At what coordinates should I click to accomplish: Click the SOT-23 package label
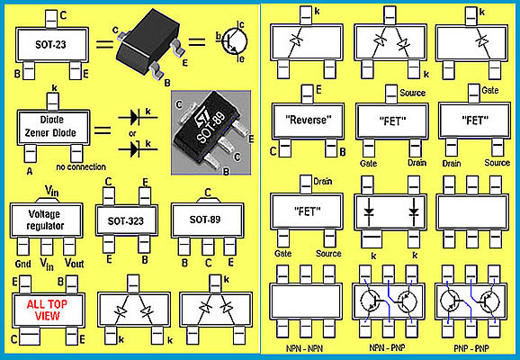(x=50, y=44)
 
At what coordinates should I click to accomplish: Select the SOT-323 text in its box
(x=126, y=221)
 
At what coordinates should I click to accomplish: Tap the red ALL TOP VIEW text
(x=47, y=310)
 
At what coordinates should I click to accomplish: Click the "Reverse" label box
(x=308, y=121)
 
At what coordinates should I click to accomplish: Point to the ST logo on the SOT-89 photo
(x=201, y=118)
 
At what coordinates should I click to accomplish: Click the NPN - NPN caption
(x=304, y=348)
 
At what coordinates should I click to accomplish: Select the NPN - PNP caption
(x=387, y=347)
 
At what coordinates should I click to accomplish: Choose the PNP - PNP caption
(x=471, y=348)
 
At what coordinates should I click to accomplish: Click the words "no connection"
(x=81, y=166)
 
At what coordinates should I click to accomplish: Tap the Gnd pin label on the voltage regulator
(x=22, y=264)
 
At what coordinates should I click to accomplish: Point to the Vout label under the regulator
(x=75, y=263)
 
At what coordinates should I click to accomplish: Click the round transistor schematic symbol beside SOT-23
(x=235, y=41)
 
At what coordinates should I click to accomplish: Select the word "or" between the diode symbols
(x=132, y=134)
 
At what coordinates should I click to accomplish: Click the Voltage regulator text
(x=45, y=220)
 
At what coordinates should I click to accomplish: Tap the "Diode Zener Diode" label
(x=50, y=126)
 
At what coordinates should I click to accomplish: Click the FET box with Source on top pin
(x=392, y=121)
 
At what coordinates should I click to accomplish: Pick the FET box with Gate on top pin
(x=474, y=120)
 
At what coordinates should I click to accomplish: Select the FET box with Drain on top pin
(x=307, y=211)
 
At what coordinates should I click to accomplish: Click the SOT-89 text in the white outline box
(x=205, y=220)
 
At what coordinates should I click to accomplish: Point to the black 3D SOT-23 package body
(x=148, y=41)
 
